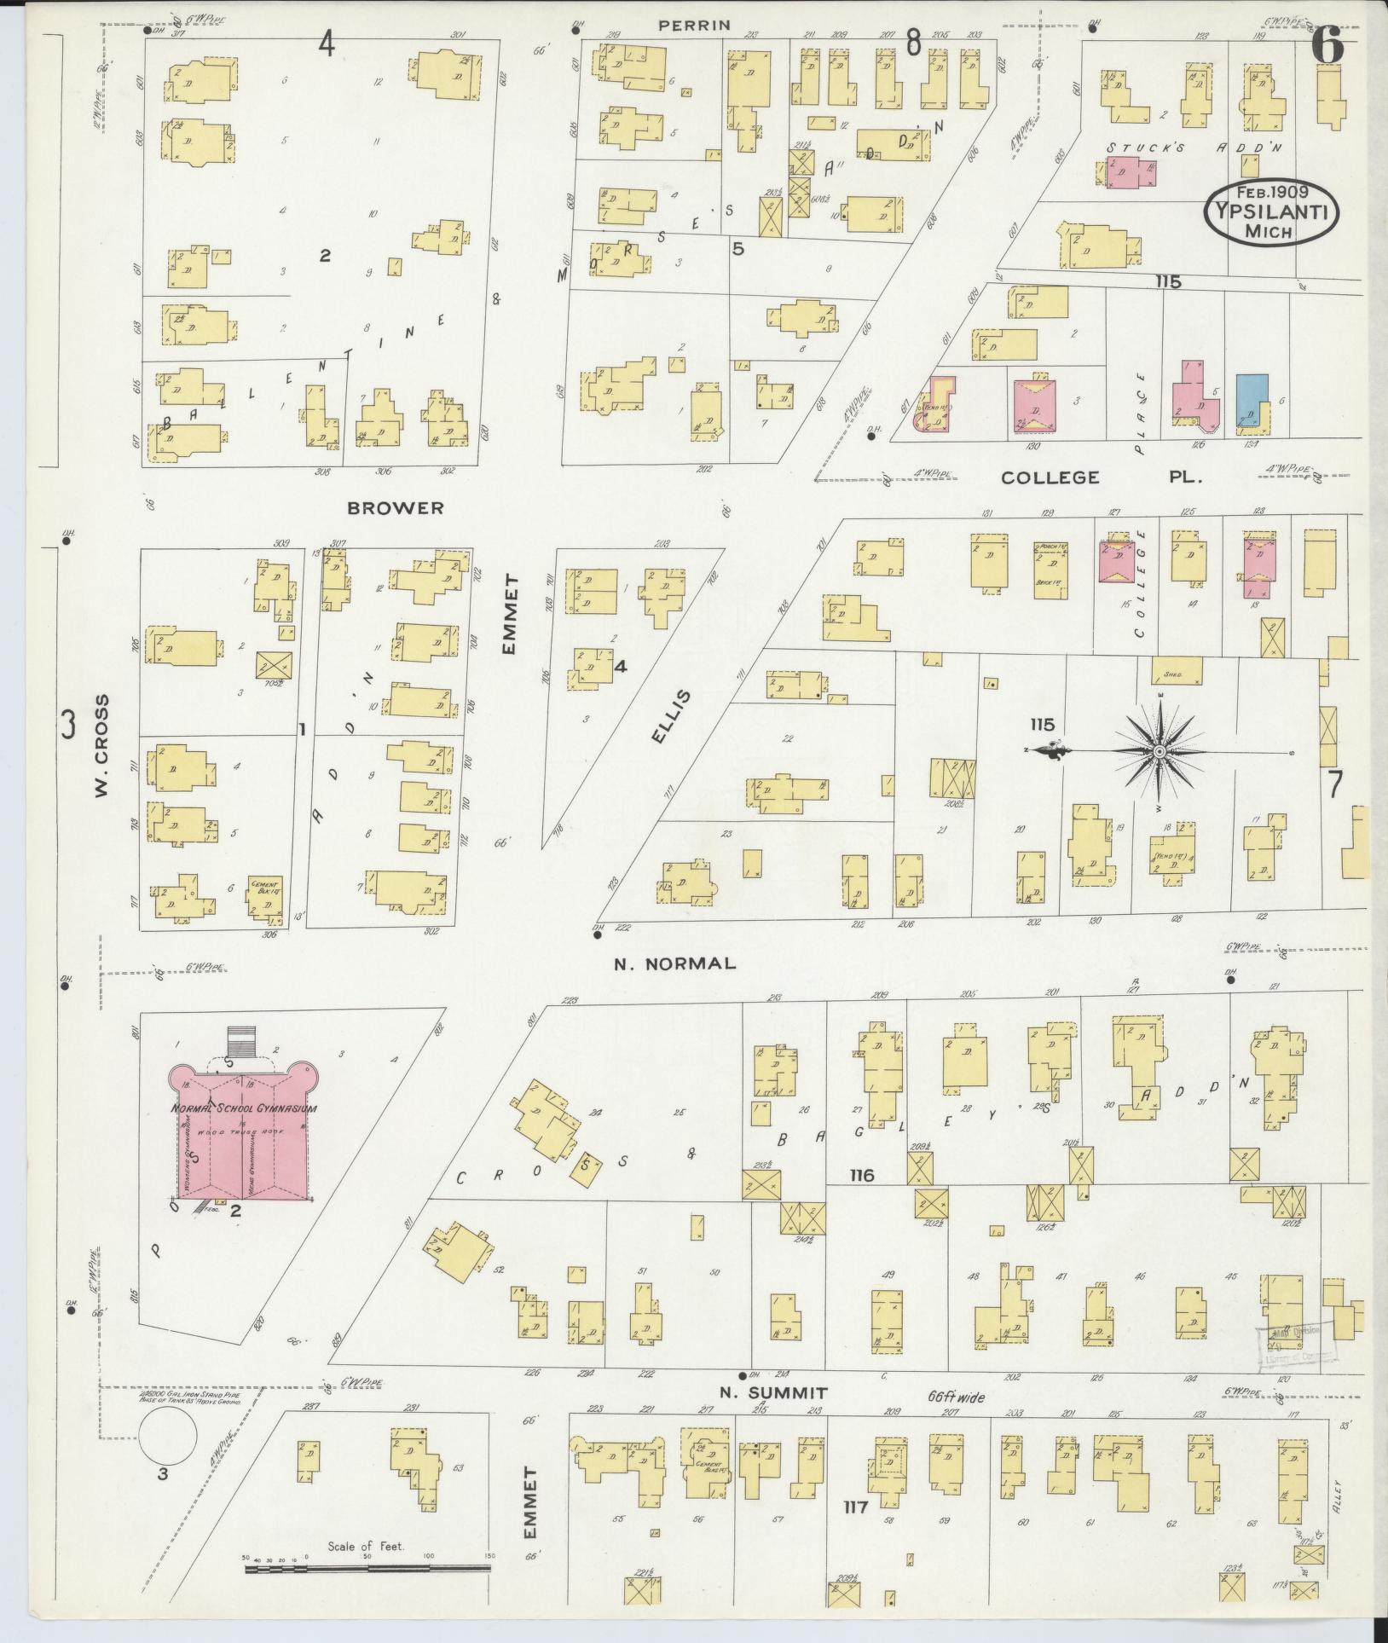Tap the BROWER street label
coord(396,508)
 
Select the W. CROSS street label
coord(102,747)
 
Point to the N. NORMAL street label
coord(674,963)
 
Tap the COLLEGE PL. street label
coord(1101,477)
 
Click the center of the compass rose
coord(1160,751)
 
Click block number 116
coord(861,1175)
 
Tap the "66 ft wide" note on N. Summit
coord(957,1398)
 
